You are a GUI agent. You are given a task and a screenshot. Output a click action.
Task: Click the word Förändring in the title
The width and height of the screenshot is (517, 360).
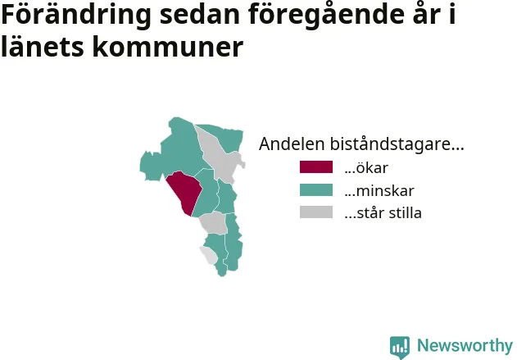pos(76,16)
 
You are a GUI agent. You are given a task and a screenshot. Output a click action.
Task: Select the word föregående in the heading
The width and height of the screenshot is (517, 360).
pos(326,16)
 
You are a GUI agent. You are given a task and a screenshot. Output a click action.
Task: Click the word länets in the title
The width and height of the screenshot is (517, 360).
pos(43,47)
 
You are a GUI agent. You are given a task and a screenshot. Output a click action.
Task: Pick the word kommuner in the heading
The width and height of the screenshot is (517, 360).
pos(168,47)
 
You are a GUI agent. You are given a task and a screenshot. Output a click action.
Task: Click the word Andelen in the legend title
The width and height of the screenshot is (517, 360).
pos(292,144)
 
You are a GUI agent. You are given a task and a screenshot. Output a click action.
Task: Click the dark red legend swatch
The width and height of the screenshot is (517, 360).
pos(316,167)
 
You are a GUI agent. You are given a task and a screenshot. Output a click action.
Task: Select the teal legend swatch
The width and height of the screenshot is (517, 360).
pos(316,189)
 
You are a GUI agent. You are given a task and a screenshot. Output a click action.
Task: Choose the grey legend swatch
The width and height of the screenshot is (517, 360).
pos(316,212)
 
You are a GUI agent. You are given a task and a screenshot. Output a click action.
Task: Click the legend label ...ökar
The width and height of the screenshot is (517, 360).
pos(366,168)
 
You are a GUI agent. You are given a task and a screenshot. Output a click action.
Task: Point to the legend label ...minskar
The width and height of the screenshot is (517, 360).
pos(379,191)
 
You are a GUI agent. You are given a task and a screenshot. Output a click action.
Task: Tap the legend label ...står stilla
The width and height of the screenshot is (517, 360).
pos(383,213)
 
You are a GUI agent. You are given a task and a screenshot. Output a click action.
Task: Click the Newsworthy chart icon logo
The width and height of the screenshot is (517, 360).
pos(400,347)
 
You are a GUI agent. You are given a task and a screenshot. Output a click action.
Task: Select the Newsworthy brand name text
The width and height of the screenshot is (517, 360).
pos(465,345)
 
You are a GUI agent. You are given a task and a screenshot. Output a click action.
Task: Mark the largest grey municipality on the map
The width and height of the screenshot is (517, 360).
pos(220,154)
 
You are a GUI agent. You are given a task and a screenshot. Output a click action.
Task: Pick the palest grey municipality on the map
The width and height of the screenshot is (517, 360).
pos(208,255)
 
